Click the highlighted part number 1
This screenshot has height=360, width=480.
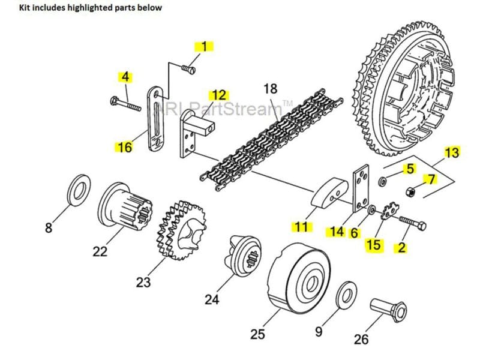(x=206, y=47)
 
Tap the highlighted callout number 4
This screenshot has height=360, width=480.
(x=125, y=77)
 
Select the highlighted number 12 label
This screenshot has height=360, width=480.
(x=219, y=95)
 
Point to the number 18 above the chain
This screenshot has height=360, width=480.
(x=271, y=89)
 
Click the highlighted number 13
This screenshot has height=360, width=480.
(x=451, y=153)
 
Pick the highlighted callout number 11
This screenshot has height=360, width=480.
(x=300, y=227)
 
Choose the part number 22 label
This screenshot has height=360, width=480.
(x=100, y=251)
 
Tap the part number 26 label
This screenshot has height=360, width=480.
(x=361, y=340)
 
